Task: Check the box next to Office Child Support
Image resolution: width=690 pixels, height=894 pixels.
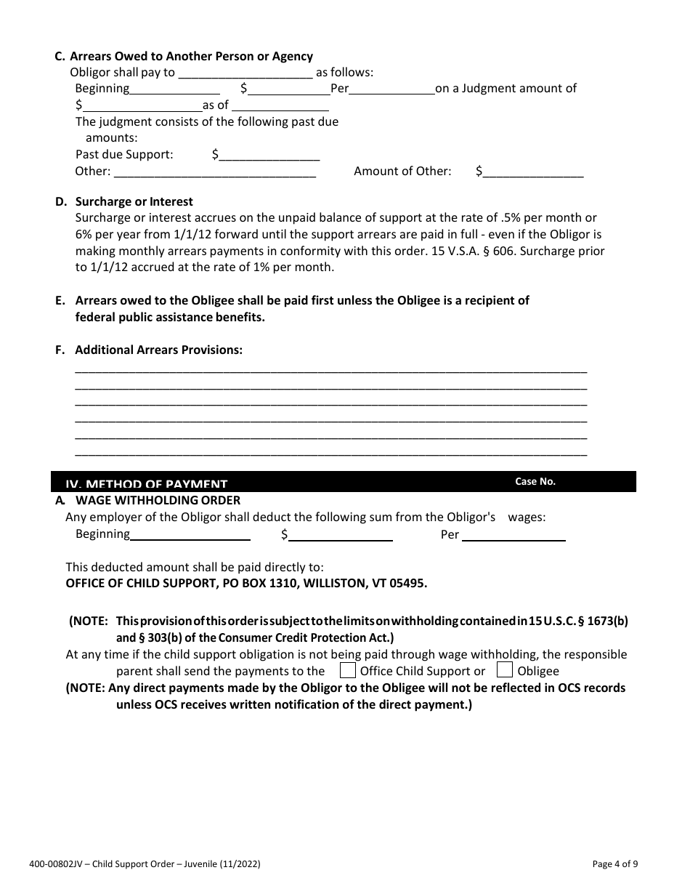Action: point(348,669)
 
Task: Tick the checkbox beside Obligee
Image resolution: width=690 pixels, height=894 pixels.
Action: point(505,669)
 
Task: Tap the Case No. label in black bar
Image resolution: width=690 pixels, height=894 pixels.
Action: point(535,482)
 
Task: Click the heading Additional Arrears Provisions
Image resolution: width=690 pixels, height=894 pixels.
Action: point(158,350)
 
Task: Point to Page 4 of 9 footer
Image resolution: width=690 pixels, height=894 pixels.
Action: point(615,864)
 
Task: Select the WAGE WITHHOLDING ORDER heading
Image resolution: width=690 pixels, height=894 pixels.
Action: point(158,500)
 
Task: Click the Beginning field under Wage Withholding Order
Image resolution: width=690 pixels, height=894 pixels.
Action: point(190,535)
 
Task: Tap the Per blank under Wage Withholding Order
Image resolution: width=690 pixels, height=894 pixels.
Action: point(514,535)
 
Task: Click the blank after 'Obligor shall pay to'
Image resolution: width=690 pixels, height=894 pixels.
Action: point(245,73)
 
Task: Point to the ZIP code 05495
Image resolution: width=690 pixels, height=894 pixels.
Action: point(408,583)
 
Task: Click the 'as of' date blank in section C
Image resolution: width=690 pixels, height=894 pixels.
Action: point(280,105)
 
